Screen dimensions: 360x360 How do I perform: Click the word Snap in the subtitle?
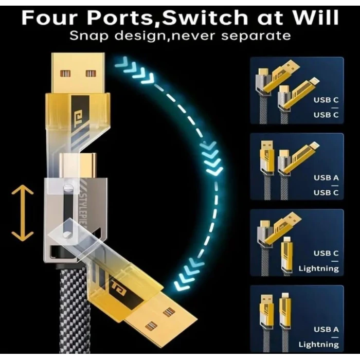click(x=88, y=37)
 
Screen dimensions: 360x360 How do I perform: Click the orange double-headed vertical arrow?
click(x=23, y=213)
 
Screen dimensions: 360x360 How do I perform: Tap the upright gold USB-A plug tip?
click(x=78, y=73)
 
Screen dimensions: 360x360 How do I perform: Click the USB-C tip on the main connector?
click(x=78, y=165)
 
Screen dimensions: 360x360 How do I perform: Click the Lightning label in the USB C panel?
click(x=318, y=268)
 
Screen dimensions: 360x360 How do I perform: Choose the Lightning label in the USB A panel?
click(x=318, y=345)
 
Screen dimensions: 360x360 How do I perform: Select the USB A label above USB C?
click(x=326, y=178)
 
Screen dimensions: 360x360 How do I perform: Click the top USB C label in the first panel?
click(x=326, y=100)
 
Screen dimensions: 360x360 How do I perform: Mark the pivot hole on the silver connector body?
click(x=67, y=235)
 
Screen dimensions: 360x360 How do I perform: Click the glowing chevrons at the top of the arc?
click(x=134, y=70)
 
